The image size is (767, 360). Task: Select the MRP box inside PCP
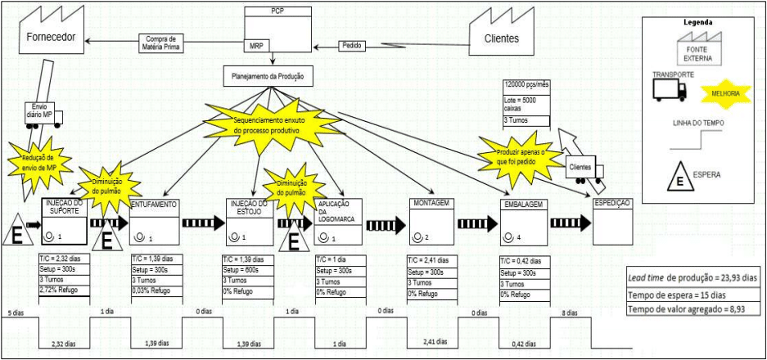(256, 46)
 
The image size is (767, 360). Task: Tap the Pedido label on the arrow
(354, 46)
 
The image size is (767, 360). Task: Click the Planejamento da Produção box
(264, 75)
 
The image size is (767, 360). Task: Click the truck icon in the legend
(670, 89)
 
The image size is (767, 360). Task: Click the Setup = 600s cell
(246, 268)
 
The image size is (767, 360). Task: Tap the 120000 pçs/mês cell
(527, 85)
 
